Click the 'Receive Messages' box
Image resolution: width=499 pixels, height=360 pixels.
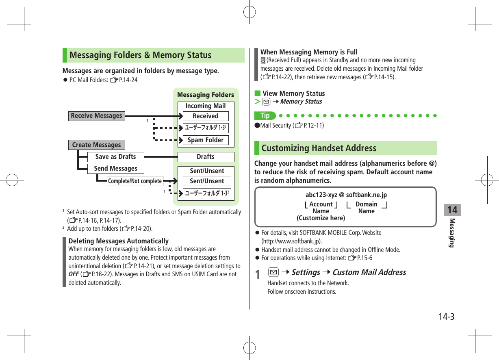(x=96, y=116)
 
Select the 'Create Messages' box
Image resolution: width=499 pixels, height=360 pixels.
(x=96, y=145)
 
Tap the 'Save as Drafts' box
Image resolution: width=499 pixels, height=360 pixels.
(x=115, y=157)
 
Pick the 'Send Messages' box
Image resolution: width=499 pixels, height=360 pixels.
(x=115, y=169)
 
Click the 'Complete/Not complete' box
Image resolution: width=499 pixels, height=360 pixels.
(x=135, y=181)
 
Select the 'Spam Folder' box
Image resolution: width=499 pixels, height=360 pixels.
(x=205, y=140)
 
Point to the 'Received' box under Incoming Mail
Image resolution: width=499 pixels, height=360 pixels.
(x=205, y=116)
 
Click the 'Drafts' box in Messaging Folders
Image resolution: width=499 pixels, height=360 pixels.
(x=206, y=157)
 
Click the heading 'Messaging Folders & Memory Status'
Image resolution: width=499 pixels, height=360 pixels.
(x=141, y=55)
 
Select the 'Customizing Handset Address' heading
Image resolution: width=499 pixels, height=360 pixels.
(x=319, y=148)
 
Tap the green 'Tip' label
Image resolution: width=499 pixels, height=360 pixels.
(x=265, y=116)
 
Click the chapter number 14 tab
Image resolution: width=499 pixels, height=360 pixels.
(x=452, y=210)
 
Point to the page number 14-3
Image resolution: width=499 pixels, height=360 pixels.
(x=446, y=317)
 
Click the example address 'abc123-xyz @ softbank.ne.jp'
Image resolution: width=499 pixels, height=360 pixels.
(x=346, y=195)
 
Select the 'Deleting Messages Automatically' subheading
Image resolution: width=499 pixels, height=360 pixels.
(x=119, y=241)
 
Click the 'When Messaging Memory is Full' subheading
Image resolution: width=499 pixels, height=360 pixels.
(x=309, y=52)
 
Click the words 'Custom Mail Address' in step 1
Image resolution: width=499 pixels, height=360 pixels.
(x=369, y=272)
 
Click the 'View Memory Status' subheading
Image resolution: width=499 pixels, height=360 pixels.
(x=293, y=93)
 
